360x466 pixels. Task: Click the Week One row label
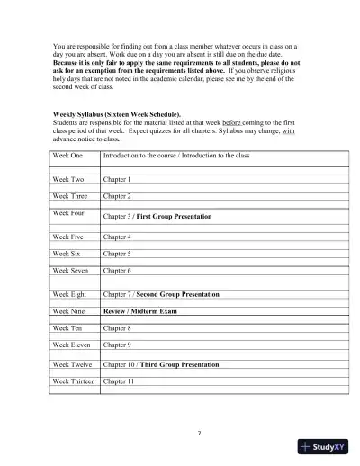[68, 156]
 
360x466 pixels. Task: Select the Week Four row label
[69, 213]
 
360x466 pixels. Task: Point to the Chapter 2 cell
[117, 195]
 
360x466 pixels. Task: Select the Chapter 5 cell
[117, 254]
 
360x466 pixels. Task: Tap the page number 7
[199, 434]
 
